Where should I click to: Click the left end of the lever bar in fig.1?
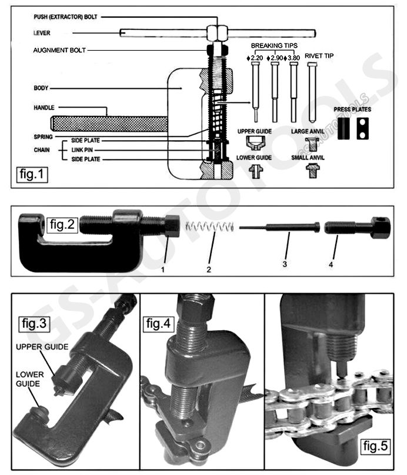click(x=121, y=33)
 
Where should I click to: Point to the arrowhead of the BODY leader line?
click(x=181, y=88)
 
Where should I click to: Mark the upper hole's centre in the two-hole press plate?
click(x=362, y=122)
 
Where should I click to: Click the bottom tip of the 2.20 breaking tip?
click(x=256, y=121)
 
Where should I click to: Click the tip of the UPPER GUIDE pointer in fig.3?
click(x=55, y=377)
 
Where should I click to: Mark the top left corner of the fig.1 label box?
click(x=16, y=167)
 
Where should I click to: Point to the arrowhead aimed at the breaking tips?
click(x=250, y=102)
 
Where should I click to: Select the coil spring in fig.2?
click(x=210, y=226)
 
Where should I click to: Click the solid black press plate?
click(x=343, y=128)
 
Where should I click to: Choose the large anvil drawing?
click(x=312, y=143)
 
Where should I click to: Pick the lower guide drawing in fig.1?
click(x=256, y=171)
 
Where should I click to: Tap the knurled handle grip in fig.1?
click(x=109, y=124)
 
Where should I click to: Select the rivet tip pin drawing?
click(x=312, y=92)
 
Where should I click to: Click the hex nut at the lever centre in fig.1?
click(x=217, y=33)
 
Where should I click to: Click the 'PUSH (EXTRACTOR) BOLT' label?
click(x=65, y=17)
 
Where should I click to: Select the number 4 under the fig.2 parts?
click(x=331, y=264)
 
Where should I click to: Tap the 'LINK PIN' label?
click(x=82, y=150)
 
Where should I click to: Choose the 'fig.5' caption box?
click(x=375, y=446)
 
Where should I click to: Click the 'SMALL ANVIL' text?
click(x=308, y=158)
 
